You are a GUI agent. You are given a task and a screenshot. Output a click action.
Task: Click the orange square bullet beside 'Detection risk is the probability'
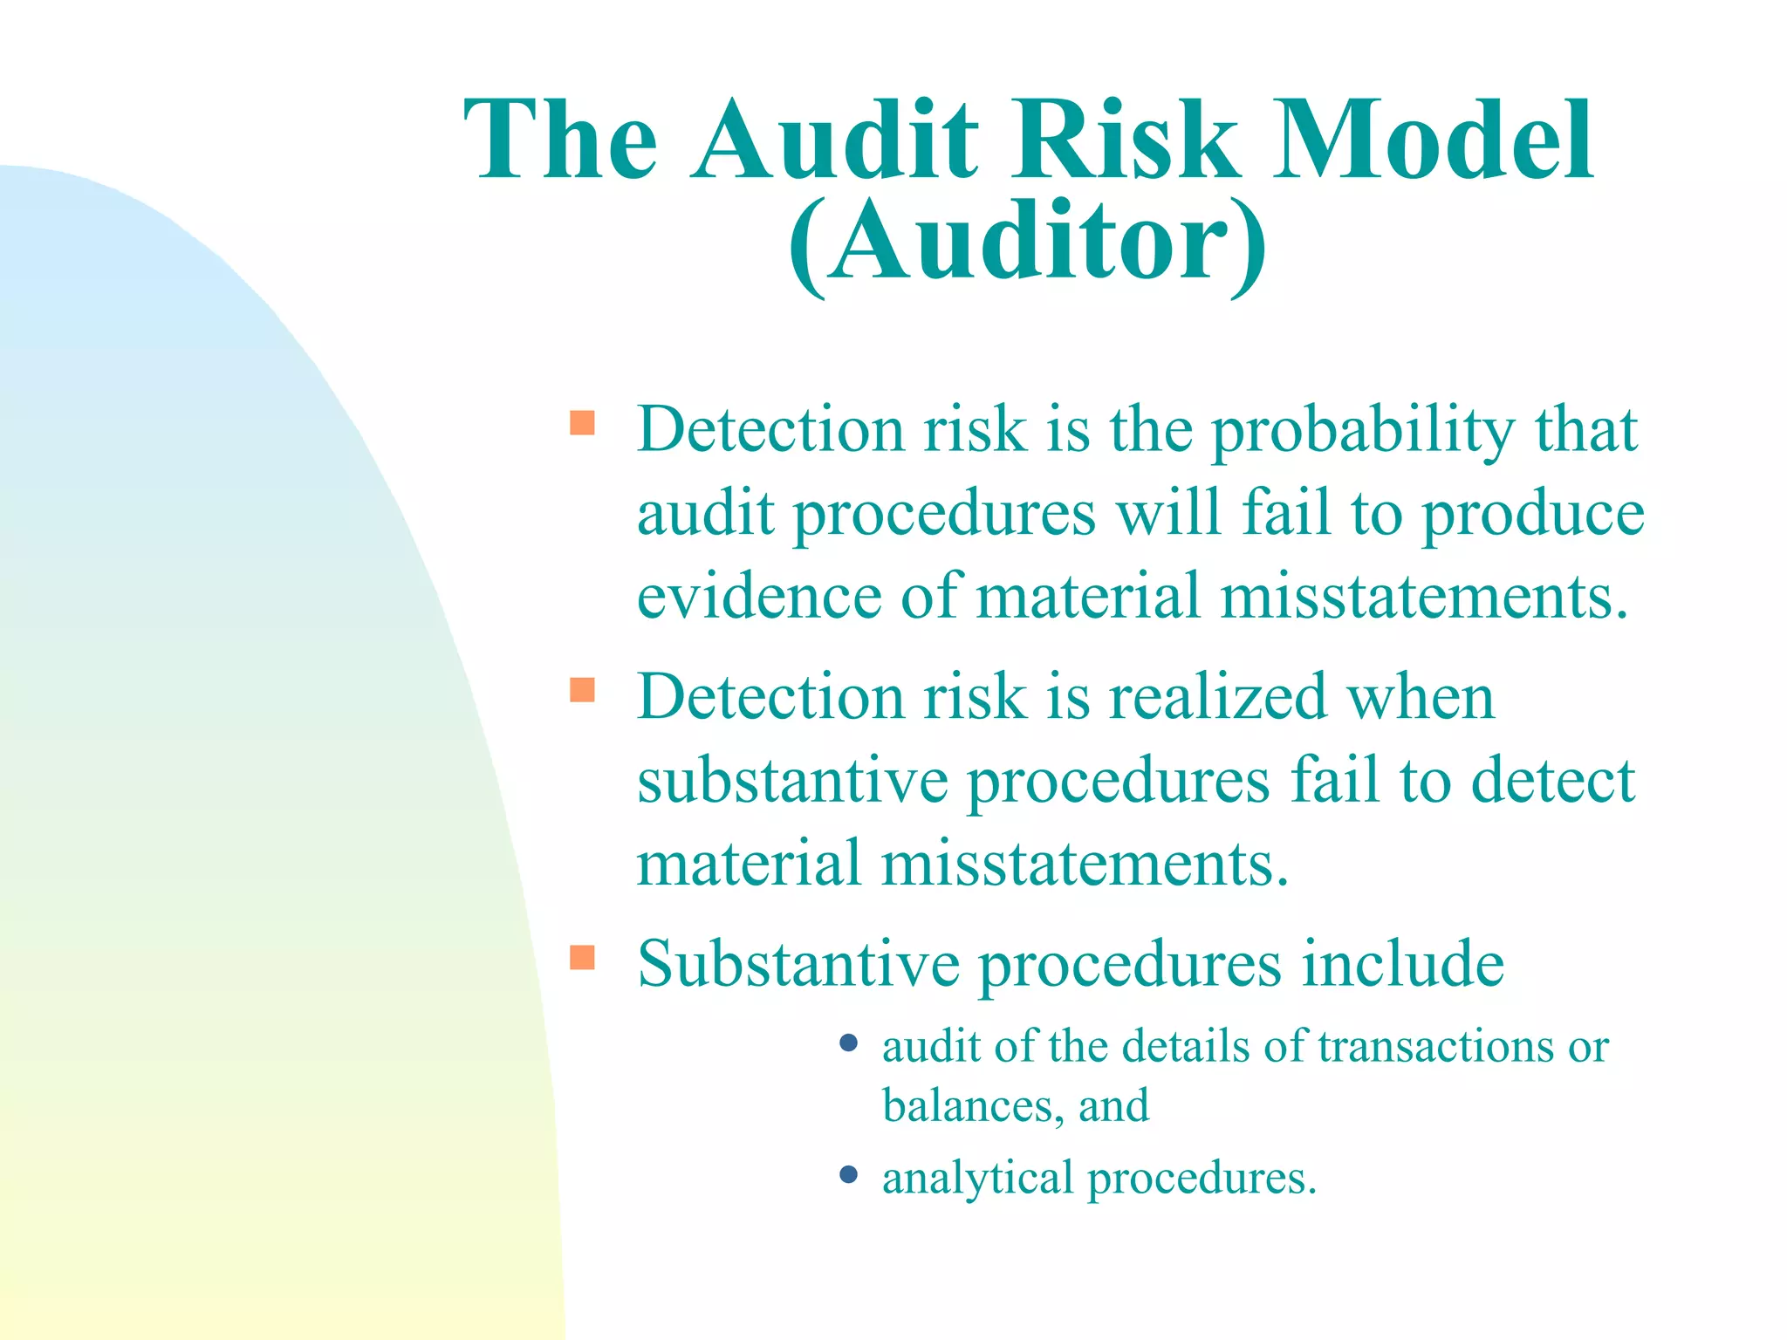click(x=582, y=423)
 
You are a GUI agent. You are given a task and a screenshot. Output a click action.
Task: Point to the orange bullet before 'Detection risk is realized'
click(x=582, y=690)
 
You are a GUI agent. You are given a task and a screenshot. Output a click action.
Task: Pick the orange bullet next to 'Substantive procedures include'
click(x=582, y=958)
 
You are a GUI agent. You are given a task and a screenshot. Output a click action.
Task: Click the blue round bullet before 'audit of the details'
click(x=848, y=1043)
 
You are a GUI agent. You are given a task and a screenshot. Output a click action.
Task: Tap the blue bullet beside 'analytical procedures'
click(x=848, y=1174)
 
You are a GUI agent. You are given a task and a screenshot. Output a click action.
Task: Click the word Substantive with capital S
click(x=798, y=964)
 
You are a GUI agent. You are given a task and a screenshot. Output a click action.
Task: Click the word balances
click(x=973, y=1106)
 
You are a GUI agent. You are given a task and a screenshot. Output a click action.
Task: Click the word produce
click(x=1533, y=515)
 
